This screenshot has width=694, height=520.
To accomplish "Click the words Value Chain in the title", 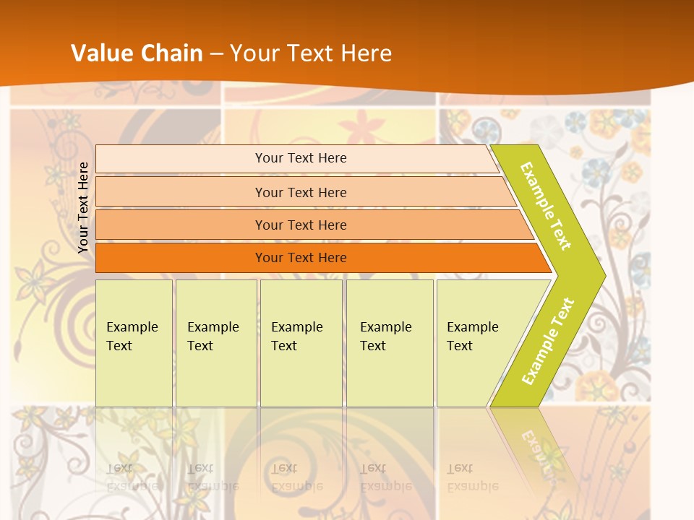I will click(137, 53).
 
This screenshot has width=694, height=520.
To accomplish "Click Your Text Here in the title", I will click(311, 53).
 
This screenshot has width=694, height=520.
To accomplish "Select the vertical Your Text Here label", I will click(83, 207).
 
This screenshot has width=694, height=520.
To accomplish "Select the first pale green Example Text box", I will click(134, 361).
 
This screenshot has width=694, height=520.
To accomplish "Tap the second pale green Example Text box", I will click(216, 361).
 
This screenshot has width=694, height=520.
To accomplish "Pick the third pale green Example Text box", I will click(301, 361).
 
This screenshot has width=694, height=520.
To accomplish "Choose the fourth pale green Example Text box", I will click(390, 361).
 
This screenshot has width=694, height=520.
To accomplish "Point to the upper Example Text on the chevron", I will click(546, 206).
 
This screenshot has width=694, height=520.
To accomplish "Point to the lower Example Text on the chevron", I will click(548, 341).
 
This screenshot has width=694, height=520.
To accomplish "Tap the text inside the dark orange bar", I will click(301, 258).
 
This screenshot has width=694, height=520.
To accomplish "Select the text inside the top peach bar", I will click(301, 158).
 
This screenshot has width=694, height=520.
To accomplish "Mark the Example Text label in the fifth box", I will click(473, 337).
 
